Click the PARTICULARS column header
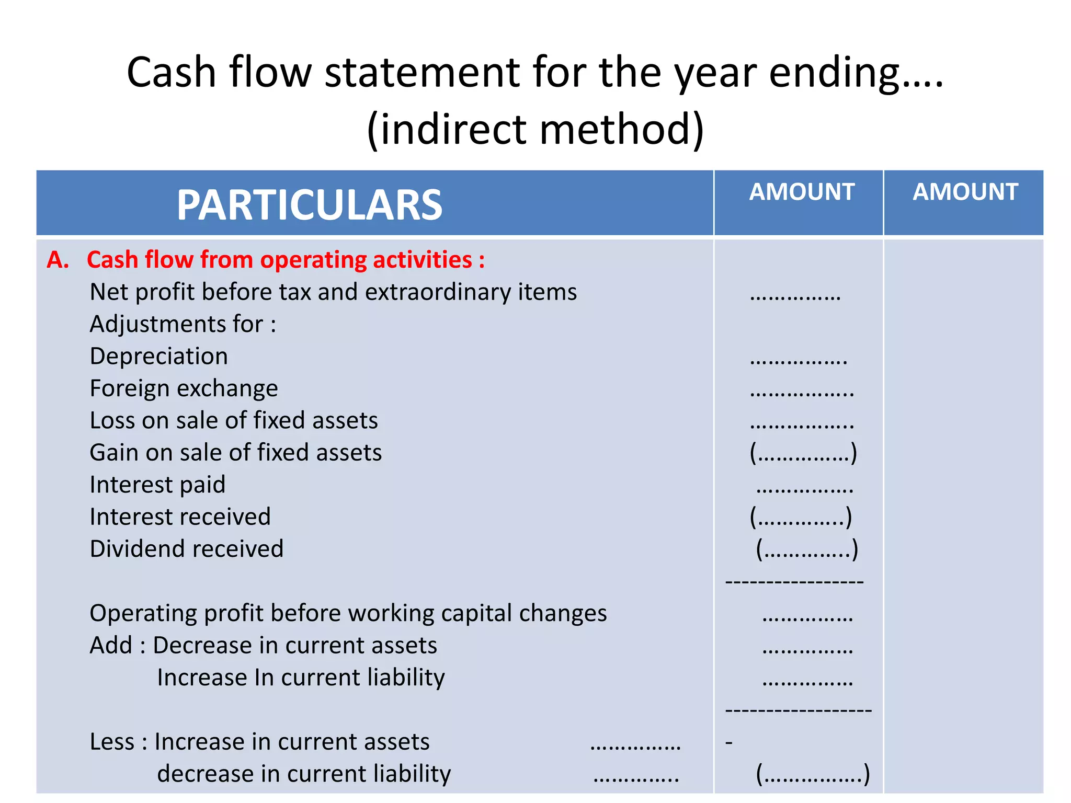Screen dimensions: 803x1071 click(310, 205)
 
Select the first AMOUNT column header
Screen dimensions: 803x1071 click(802, 192)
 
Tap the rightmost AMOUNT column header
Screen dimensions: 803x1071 click(965, 192)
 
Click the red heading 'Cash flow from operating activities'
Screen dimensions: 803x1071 click(286, 260)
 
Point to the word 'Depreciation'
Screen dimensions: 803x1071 click(159, 357)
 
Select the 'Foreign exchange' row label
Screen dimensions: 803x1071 click(184, 388)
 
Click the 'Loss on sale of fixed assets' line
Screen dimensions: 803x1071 click(234, 421)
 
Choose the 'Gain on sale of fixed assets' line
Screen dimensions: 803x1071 click(236, 453)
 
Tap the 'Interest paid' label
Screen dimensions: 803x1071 click(157, 485)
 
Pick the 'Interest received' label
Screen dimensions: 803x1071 click(180, 517)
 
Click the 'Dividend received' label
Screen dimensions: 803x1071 click(187, 549)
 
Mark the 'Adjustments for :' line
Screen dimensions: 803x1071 click(183, 324)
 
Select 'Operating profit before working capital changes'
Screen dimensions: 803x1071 click(348, 613)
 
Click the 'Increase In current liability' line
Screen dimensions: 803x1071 click(301, 678)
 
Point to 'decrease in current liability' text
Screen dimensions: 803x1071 click(304, 774)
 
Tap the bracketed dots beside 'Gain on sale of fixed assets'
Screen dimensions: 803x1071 click(803, 453)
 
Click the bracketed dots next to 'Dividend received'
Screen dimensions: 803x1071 click(807, 549)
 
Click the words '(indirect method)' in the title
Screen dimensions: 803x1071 click(535, 129)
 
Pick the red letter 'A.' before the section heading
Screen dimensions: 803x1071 click(58, 260)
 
